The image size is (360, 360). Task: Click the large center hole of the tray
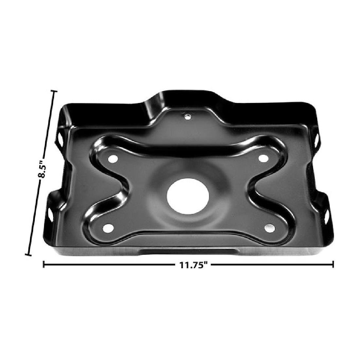click(x=183, y=196)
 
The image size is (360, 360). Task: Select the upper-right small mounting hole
click(x=262, y=158)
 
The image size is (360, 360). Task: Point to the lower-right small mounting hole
click(x=269, y=227)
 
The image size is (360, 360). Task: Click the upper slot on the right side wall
click(x=316, y=139)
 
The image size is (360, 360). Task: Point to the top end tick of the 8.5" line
click(x=54, y=92)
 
